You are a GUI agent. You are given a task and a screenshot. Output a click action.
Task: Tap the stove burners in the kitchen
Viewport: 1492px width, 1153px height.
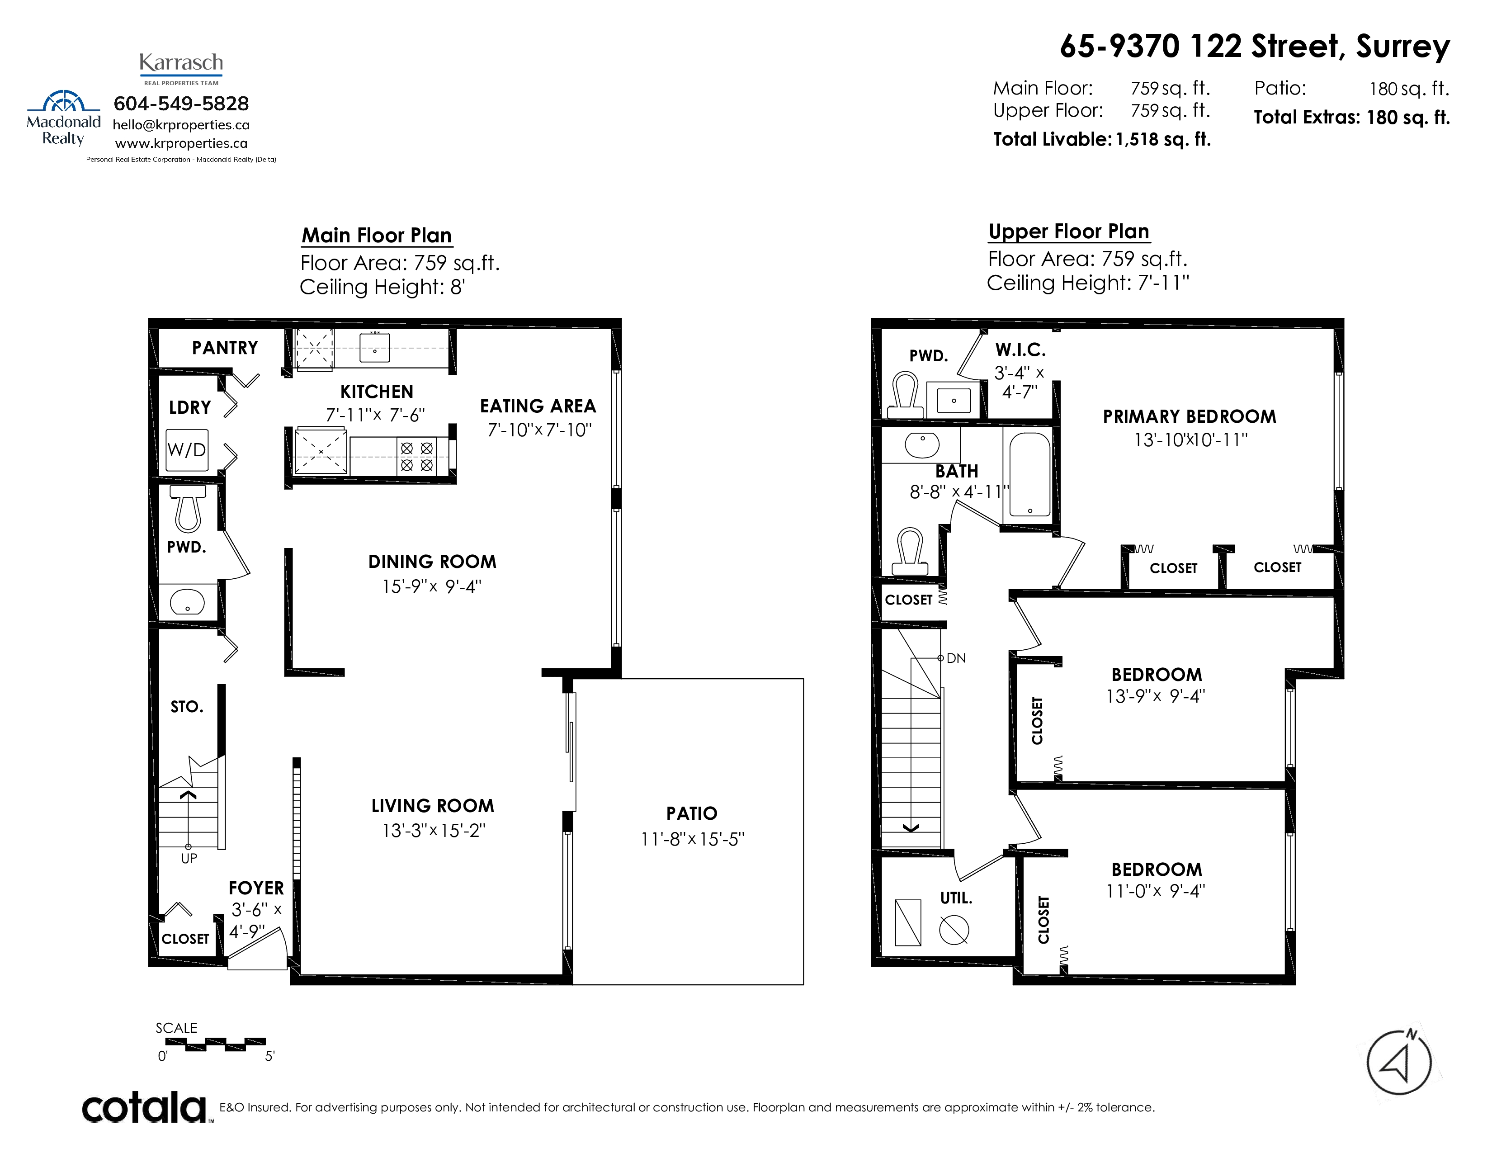(x=417, y=456)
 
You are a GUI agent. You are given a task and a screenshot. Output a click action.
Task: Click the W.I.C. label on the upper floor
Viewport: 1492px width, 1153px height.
(x=1020, y=350)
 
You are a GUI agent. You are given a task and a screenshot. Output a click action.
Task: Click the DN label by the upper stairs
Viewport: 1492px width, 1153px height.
(x=956, y=658)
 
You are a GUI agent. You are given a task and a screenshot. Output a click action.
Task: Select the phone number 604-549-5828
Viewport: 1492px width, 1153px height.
(x=181, y=104)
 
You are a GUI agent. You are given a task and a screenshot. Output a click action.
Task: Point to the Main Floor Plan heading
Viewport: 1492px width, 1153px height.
(x=377, y=236)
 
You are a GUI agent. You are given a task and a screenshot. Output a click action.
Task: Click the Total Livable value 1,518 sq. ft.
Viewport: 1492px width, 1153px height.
(x=1163, y=139)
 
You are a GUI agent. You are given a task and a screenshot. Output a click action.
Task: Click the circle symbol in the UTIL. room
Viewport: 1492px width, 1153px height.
(x=954, y=930)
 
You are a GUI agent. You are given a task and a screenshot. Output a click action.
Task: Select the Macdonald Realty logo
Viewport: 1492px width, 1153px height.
(x=64, y=118)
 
